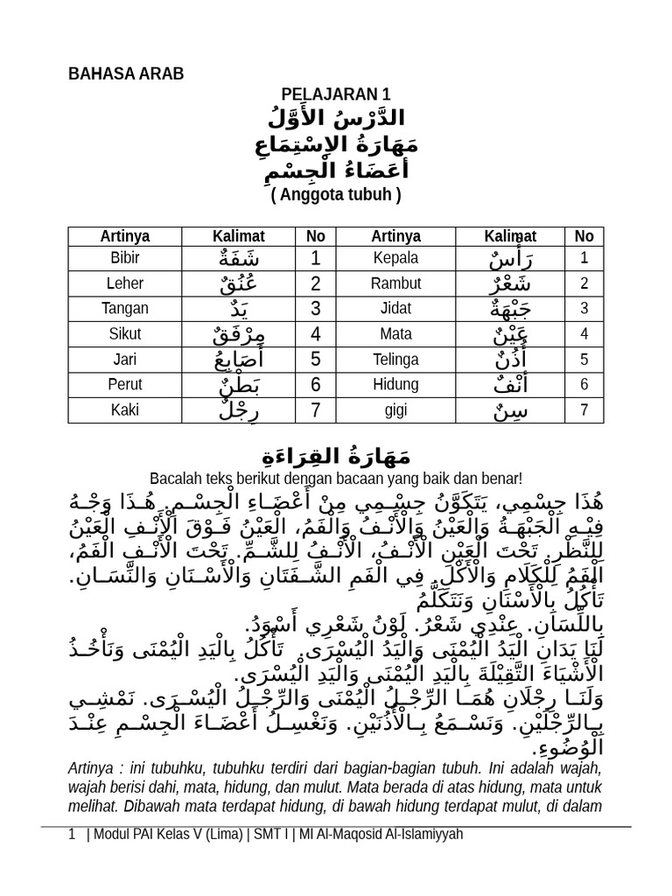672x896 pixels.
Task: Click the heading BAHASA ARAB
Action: click(x=126, y=73)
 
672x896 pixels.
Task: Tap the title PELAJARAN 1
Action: click(x=335, y=94)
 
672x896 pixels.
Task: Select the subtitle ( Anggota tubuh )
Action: click(x=335, y=195)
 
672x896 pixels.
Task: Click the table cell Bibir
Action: click(x=125, y=258)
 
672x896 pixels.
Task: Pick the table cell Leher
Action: click(x=125, y=283)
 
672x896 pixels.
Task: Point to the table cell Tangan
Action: click(x=125, y=309)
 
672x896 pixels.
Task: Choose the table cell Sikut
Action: click(x=125, y=334)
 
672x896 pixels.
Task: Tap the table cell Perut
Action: click(x=125, y=385)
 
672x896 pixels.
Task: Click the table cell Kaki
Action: click(x=125, y=409)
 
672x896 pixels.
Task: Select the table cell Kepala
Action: click(x=395, y=258)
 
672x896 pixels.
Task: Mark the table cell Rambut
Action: click(x=395, y=283)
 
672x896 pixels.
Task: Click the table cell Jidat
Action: click(x=395, y=309)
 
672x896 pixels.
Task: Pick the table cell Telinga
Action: click(x=395, y=360)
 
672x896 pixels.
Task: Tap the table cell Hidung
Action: click(x=395, y=385)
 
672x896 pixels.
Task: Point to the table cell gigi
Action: click(x=395, y=409)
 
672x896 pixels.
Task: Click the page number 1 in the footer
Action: click(x=72, y=835)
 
